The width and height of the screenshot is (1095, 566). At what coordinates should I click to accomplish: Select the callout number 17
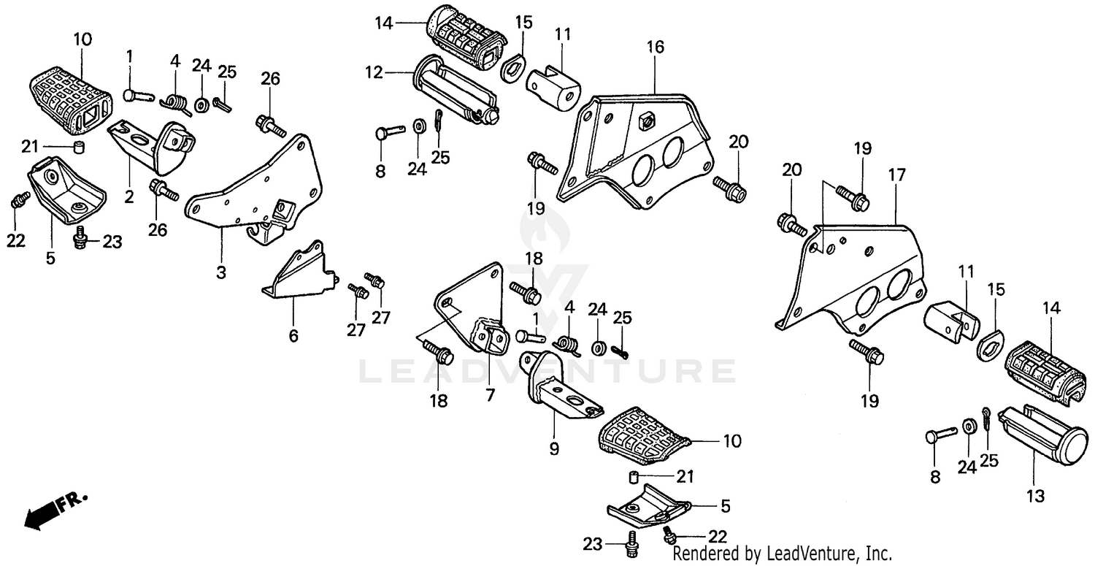[x=896, y=175]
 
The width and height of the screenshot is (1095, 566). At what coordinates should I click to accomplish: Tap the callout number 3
[x=220, y=272]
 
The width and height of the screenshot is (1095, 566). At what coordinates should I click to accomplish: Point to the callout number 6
[x=293, y=335]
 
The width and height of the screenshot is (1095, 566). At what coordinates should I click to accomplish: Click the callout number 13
[x=1035, y=496]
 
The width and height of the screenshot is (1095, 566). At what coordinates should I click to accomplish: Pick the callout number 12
[x=374, y=73]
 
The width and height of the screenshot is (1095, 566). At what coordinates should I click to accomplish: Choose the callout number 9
[x=553, y=448]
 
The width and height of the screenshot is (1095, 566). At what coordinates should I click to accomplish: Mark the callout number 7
[x=490, y=395]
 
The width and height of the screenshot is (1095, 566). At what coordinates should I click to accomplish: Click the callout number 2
[x=128, y=197]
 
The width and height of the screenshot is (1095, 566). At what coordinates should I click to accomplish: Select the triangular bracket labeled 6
[x=299, y=274]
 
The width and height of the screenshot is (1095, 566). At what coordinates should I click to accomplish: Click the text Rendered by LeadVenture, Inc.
[x=782, y=553]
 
